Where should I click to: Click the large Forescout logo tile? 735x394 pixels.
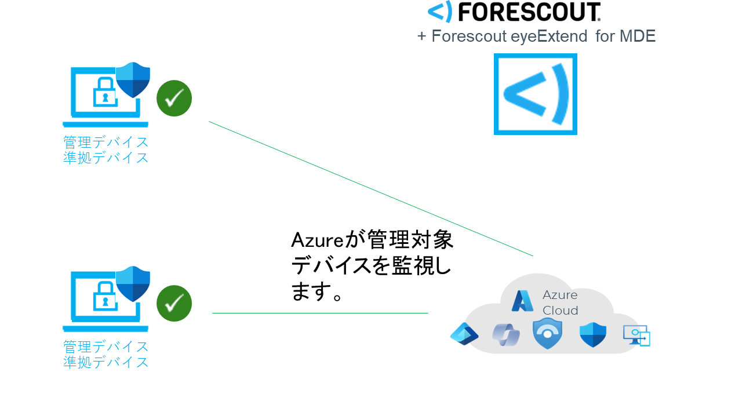point(535,94)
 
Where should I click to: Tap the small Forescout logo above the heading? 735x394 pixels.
point(440,11)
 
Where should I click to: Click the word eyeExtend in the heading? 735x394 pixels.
point(548,37)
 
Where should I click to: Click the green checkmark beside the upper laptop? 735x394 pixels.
point(174,99)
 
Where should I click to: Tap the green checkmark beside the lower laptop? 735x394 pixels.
point(174,303)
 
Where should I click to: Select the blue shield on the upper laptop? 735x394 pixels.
point(133,80)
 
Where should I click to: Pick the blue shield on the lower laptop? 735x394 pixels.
point(133,284)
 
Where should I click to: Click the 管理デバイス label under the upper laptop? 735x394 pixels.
point(105,142)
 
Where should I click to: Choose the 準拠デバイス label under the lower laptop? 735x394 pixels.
point(105,362)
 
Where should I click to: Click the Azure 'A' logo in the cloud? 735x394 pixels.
point(522,301)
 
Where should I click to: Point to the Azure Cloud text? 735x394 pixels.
point(560,302)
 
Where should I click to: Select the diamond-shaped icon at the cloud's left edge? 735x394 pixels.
point(464,334)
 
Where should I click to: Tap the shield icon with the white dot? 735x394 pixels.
point(547,333)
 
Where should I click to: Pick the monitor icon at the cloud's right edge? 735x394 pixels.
point(636,335)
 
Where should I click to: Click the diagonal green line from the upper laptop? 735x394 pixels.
point(371,189)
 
